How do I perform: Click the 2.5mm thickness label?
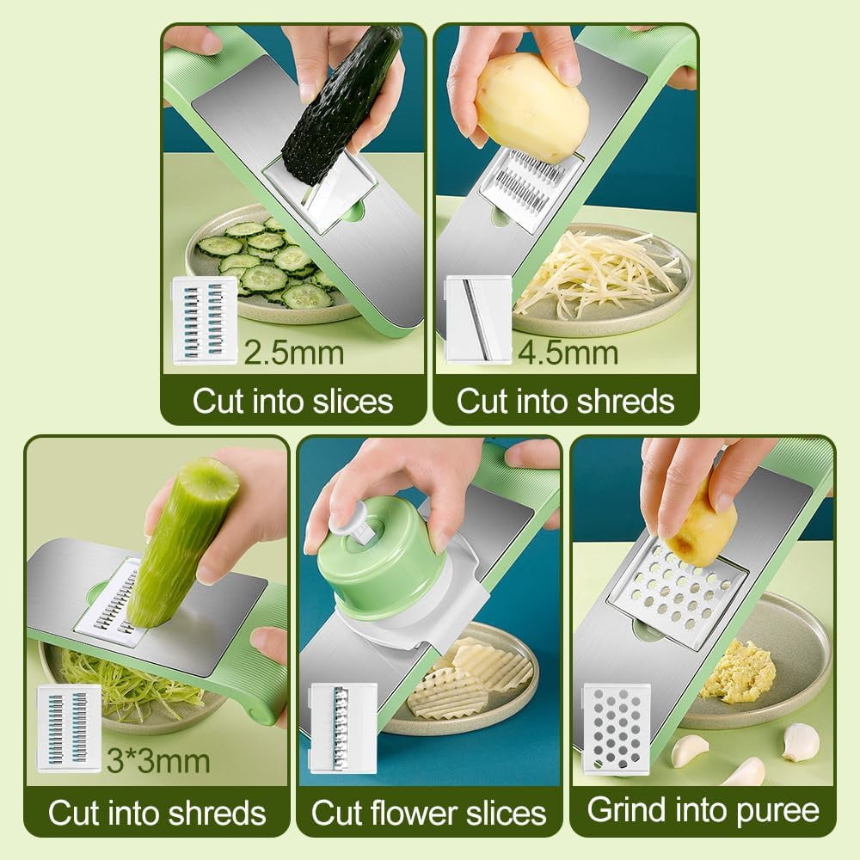point(293,352)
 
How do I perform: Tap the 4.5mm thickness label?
point(568,352)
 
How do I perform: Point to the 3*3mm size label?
point(158,761)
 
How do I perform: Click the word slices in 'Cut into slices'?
point(353,401)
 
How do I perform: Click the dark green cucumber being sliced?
point(340,104)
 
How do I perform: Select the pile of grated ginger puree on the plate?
point(739,671)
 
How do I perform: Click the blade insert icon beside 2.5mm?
point(205,320)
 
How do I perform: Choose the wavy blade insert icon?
point(343,728)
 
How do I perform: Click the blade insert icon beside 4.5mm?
point(478,320)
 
